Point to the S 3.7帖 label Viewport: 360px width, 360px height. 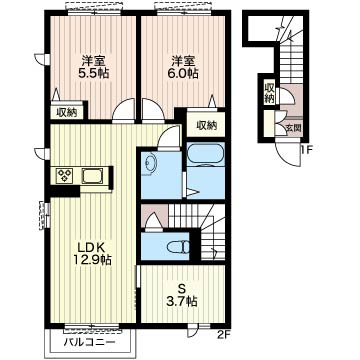tap(181, 295)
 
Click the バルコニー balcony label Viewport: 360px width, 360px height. tap(89, 342)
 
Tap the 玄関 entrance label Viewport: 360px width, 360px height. tap(294, 128)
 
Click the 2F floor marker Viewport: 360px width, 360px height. tap(224, 334)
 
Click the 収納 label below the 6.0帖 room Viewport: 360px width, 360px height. tap(206, 126)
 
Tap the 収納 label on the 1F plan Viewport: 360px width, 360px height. tap(269, 92)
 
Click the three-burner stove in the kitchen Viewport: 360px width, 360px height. tap(65, 175)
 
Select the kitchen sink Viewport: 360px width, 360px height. tap(93, 176)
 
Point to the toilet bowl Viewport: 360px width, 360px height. tap(178, 247)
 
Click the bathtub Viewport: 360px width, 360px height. tap(205, 154)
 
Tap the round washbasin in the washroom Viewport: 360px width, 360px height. tap(149, 163)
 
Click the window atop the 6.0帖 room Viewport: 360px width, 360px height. tap(183, 9)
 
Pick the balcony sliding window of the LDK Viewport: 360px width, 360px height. tap(91, 327)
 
